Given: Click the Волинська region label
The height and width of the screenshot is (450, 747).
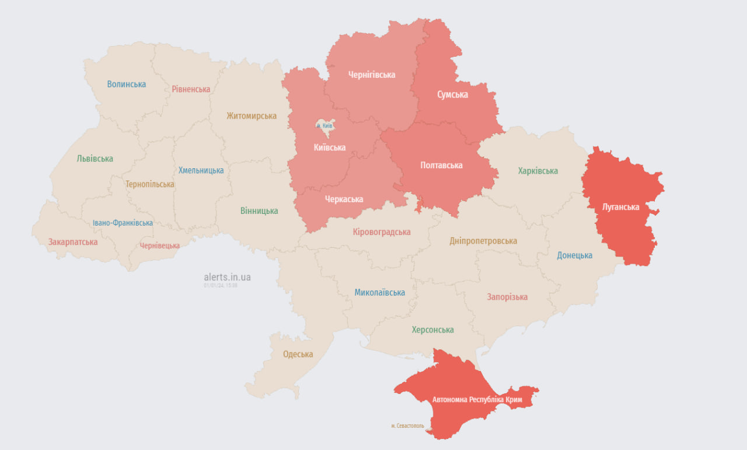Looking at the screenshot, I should click(x=127, y=84).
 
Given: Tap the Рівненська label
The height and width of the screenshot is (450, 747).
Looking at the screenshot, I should click(x=191, y=89).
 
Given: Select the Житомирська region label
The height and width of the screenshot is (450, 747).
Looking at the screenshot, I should click(x=252, y=116).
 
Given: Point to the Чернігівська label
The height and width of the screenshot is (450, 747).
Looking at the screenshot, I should click(x=372, y=75).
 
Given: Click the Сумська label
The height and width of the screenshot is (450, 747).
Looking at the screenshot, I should click(x=452, y=94).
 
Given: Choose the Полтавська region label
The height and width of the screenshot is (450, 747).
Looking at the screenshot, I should click(x=441, y=165).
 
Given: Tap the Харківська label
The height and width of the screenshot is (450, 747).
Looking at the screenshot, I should click(x=537, y=171).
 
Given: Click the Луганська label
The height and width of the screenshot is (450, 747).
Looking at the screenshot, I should click(x=620, y=207).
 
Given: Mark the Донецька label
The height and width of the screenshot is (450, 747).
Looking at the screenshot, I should click(x=574, y=255).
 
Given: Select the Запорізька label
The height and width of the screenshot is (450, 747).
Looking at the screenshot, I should click(x=507, y=297).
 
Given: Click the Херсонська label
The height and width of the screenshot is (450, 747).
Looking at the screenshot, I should click(x=432, y=330).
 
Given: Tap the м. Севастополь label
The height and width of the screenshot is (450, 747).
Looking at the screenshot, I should click(x=408, y=425).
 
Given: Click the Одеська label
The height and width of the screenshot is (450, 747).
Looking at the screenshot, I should click(x=298, y=354).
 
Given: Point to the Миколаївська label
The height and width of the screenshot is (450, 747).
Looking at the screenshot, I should click(x=379, y=292).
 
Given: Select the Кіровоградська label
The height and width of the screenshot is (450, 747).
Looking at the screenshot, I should click(x=382, y=232).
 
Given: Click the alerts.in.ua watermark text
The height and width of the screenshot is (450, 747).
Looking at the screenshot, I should click(x=227, y=277).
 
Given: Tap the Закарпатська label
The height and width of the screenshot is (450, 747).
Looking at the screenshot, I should click(x=73, y=241).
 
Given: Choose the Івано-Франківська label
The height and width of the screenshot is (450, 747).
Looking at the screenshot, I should click(x=123, y=223).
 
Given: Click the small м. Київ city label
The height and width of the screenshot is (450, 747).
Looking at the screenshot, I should click(x=324, y=126).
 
